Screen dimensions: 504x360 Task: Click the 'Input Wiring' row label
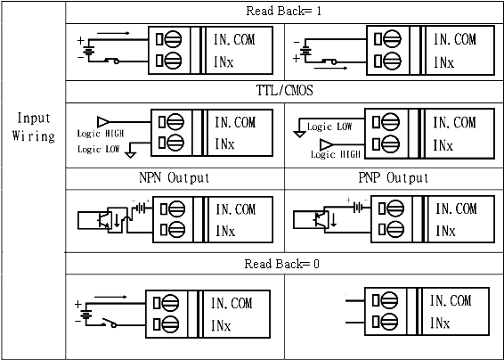34,127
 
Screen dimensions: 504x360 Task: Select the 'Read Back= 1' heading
284,11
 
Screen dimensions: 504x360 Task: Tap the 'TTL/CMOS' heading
284,90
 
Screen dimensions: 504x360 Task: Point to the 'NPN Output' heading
175,177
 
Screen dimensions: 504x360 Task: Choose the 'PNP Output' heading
393,177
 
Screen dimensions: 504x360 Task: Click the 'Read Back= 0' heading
282,264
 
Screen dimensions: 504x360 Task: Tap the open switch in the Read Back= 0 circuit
110,323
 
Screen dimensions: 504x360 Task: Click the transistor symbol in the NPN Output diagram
103,220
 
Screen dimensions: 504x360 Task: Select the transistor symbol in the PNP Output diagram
321,220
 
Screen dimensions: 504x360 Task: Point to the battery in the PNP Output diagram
357,208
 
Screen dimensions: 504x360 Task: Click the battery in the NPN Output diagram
141,209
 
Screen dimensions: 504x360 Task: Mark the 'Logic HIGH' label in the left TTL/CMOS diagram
101,134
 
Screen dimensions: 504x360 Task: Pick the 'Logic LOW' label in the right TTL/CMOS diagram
329,127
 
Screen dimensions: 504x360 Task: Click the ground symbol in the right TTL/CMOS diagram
299,134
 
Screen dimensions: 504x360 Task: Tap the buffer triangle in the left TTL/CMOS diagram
103,122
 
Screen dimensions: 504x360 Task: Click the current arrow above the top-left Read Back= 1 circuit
113,33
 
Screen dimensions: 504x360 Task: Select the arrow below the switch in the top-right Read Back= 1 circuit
330,68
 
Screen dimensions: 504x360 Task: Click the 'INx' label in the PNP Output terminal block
445,231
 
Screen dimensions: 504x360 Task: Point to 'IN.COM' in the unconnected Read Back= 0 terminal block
451,301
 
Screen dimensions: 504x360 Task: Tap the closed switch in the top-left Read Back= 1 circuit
111,61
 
